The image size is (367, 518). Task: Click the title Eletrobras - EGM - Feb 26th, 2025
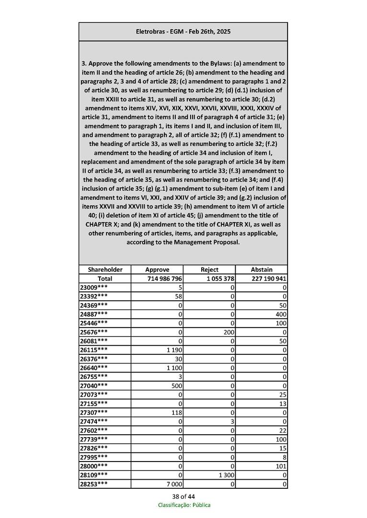point(183,32)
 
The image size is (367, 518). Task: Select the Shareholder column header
point(105,269)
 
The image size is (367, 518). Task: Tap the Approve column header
point(157,269)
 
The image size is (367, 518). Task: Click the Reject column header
point(209,269)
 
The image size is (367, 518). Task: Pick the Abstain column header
point(262,269)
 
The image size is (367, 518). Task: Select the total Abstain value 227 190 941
point(269,278)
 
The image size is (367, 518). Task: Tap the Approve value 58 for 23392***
point(179,296)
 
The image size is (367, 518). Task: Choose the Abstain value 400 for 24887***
point(281,314)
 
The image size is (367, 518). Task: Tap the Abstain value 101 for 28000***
point(281,466)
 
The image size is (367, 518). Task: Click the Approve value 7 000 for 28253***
point(173,485)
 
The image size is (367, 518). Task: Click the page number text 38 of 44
point(183,496)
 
